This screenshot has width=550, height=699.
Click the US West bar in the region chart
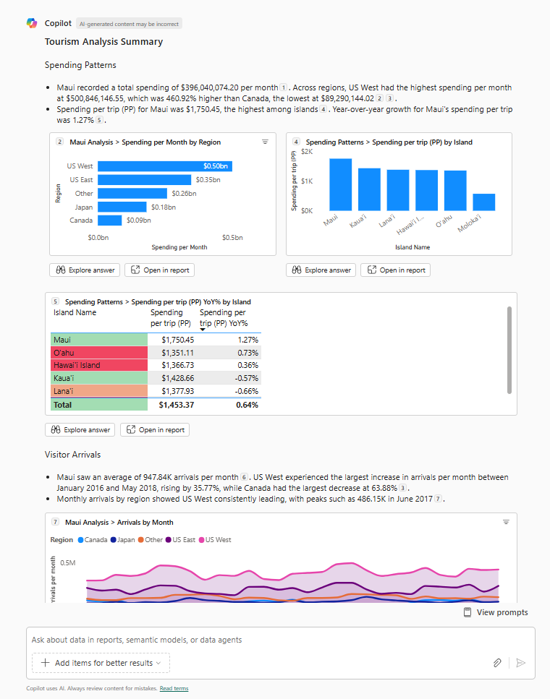(165, 166)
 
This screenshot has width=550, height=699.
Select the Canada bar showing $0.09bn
(110, 220)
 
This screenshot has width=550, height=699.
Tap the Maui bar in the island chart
(340, 184)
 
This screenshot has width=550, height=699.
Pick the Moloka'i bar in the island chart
(484, 202)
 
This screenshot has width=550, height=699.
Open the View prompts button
(496, 612)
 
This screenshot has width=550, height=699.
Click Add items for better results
(101, 663)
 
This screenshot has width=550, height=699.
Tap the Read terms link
(174, 689)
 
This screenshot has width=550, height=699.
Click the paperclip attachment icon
(497, 663)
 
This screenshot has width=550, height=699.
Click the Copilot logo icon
(32, 23)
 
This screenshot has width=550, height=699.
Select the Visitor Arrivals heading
(72, 455)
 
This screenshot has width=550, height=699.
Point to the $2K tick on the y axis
(307, 152)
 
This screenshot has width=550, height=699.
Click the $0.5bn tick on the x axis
(232, 238)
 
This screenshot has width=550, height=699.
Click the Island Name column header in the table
(75, 312)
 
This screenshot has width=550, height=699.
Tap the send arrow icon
(520, 663)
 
